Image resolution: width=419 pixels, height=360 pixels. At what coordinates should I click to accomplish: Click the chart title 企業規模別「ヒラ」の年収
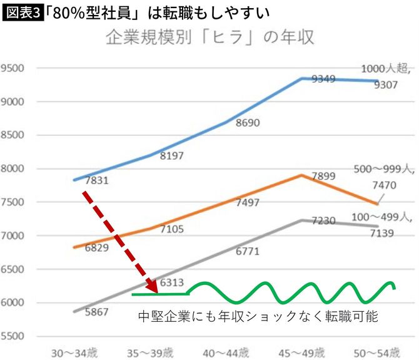pyautogui.click(x=209, y=37)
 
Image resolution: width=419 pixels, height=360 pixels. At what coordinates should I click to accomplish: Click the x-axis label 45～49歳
pyautogui.click(x=301, y=352)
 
